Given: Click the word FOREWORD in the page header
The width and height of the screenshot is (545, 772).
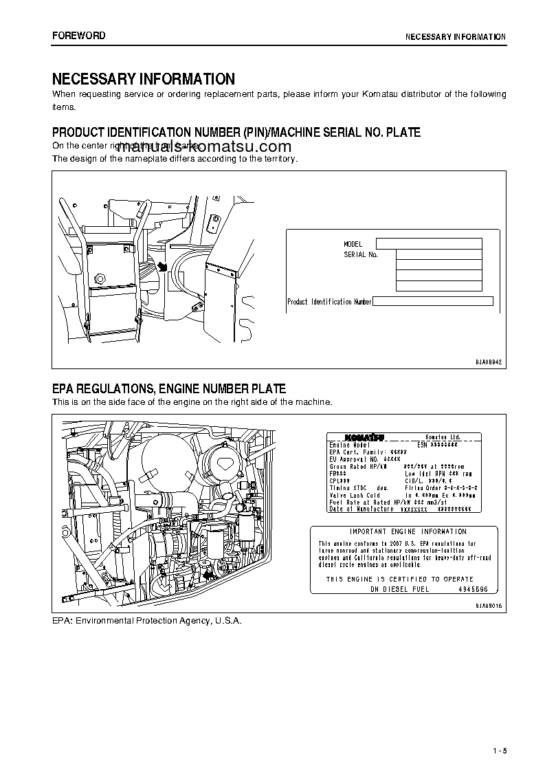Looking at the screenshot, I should [79, 36].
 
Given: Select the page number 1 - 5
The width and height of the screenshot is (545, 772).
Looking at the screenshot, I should [499, 750].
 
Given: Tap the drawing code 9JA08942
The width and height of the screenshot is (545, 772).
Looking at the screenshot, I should [489, 362].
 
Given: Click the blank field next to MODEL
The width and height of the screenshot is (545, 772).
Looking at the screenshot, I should [429, 243].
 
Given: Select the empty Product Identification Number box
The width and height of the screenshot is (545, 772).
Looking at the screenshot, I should [433, 301].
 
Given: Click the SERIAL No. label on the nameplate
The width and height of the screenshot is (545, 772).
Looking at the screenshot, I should [361, 254].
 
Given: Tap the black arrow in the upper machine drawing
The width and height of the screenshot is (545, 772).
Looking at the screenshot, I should [162, 267].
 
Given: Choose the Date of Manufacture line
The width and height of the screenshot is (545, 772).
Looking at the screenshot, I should [400, 509].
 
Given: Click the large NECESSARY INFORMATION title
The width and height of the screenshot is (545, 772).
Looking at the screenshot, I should [144, 79].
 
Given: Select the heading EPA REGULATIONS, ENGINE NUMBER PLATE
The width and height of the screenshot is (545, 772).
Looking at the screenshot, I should [169, 389].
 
